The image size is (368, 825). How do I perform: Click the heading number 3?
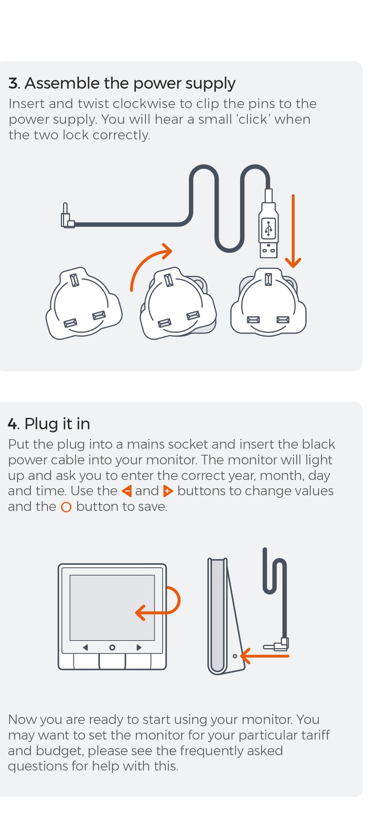click(x=13, y=83)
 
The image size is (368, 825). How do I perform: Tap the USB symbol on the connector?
click(x=268, y=228)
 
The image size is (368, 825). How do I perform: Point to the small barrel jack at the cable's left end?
click(x=67, y=216)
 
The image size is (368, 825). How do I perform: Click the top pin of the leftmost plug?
click(x=74, y=280)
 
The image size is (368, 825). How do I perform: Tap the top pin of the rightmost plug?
click(x=268, y=279)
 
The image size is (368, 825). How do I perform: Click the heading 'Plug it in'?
click(x=57, y=424)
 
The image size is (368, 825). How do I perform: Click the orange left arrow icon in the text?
click(x=127, y=491)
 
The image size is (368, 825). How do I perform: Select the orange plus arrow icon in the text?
click(x=168, y=491)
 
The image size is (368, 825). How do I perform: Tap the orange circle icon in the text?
click(x=66, y=507)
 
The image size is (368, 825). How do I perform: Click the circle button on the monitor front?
click(x=112, y=647)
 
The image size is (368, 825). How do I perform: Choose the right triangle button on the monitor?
click(x=139, y=647)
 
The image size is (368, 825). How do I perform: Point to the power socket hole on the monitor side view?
click(x=235, y=656)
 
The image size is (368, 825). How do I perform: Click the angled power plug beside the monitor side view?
click(x=276, y=645)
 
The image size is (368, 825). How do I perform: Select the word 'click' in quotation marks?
click(x=253, y=119)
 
